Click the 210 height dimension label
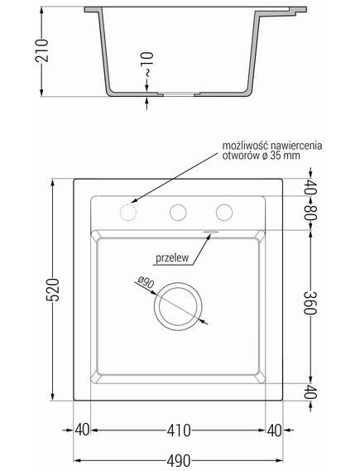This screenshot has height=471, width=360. tap(42, 50)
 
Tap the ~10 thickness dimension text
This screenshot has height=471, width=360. tap(147, 65)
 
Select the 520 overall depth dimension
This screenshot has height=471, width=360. tap(53, 290)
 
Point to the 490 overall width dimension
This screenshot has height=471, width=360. tap(179, 460)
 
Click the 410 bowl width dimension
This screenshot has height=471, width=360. tap(179, 430)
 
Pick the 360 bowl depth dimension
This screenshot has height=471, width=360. tap(310, 303)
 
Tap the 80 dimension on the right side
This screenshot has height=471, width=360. tap(310, 214)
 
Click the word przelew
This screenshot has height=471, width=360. tap(172, 257)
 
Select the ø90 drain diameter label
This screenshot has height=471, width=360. tap(146, 282)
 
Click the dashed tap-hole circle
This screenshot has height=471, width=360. tap(128, 213)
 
